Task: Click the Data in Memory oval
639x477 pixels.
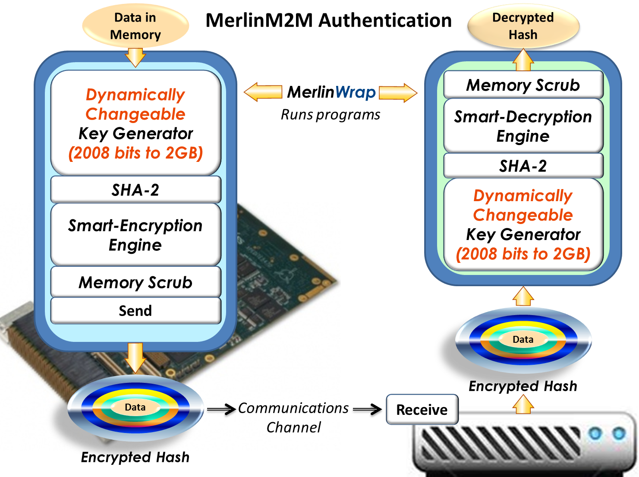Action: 135,26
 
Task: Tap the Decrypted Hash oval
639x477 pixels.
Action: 523,26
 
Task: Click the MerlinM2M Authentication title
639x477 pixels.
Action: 329,20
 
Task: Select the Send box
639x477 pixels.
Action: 135,311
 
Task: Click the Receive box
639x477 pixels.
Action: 422,410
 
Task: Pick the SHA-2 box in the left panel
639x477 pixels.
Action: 135,190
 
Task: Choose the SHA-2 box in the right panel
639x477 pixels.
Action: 523,166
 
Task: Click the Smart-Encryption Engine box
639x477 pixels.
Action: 135,235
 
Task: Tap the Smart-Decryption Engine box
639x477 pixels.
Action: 523,126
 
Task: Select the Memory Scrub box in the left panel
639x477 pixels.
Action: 135,282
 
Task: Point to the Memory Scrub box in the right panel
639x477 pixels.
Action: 523,85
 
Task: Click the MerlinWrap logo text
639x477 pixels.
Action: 331,92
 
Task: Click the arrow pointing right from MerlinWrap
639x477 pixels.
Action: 398,92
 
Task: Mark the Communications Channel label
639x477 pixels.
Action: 293,417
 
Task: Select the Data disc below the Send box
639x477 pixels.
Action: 135,408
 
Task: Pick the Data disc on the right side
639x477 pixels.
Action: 523,340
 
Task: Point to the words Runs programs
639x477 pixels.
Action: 331,115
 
